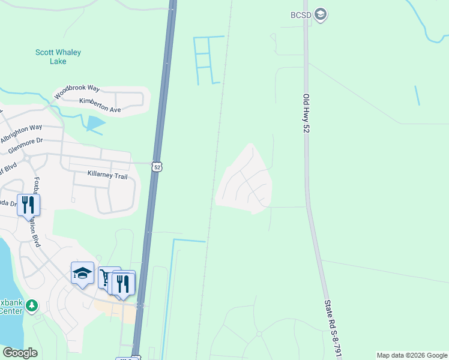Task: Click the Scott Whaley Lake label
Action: coord(58,56)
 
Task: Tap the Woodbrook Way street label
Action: coord(77,92)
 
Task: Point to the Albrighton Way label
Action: coord(22,133)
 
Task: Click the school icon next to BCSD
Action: coord(321,14)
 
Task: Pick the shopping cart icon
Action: coord(109,278)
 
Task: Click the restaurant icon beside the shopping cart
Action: coord(124,282)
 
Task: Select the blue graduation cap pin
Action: coord(82,273)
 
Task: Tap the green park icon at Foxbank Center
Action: coord(32,307)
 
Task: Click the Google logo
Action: coord(20,353)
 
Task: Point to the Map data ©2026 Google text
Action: coord(412,355)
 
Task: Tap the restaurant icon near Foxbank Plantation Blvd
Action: coord(28,205)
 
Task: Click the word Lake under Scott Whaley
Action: coord(58,61)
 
